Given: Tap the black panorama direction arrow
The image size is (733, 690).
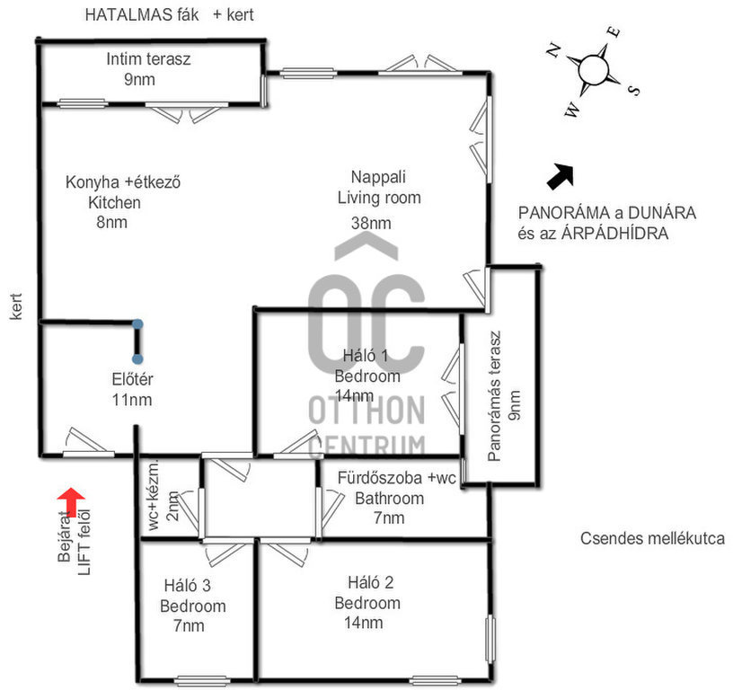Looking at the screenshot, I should click(x=561, y=175).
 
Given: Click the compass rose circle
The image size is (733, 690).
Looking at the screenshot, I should click(x=595, y=68).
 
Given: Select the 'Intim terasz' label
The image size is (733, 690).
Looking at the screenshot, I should click(x=148, y=60).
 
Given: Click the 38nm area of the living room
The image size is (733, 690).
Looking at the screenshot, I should click(x=371, y=222).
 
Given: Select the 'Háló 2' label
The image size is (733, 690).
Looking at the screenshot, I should click(x=367, y=583).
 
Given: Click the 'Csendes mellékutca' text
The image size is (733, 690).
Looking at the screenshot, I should click(x=652, y=539).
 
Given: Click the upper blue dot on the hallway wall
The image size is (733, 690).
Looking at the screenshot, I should click(x=137, y=324).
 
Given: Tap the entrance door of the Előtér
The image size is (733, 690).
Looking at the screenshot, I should click(x=88, y=444).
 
